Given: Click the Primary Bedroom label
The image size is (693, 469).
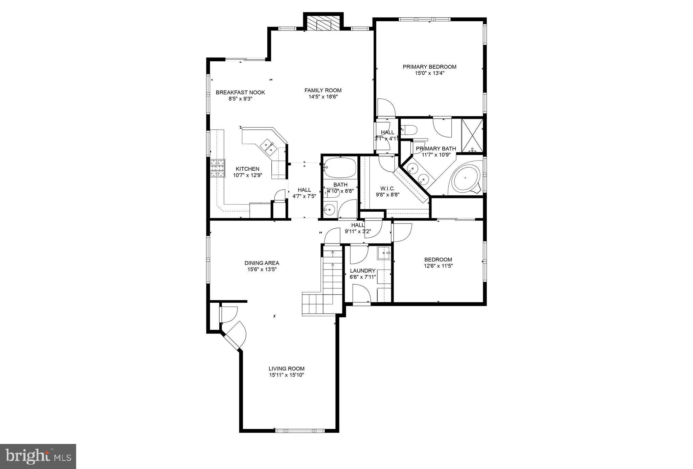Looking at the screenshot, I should click(x=429, y=67).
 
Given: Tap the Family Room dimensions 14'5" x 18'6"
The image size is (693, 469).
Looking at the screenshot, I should click(x=323, y=97).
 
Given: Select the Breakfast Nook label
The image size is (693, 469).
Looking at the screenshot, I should click(x=240, y=92).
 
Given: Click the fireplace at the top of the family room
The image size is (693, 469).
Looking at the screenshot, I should click(x=323, y=24).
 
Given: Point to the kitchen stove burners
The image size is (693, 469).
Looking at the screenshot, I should click(x=218, y=168).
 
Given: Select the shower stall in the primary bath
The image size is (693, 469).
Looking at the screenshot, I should click(x=472, y=135).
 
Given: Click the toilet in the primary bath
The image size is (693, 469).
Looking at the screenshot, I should click(x=408, y=130).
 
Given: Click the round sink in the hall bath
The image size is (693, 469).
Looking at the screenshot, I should click(x=329, y=210).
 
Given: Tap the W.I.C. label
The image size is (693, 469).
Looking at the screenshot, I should click(x=387, y=188).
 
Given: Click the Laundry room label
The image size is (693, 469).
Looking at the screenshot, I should click(x=362, y=271).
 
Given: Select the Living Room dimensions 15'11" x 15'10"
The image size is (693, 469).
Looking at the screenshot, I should click(x=286, y=375).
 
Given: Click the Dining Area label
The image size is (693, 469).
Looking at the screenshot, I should click(x=262, y=263).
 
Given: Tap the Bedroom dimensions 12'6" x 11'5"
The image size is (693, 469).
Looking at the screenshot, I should click(x=438, y=266).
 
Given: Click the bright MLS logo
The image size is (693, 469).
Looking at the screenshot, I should click(x=38, y=456).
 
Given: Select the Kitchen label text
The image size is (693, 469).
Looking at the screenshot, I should click(x=247, y=169).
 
